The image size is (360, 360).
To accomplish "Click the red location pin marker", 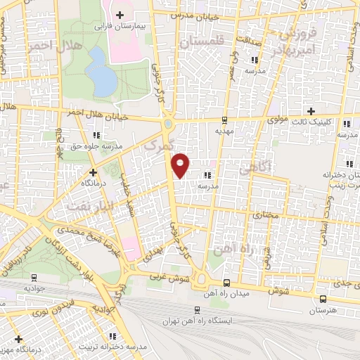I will tap(181, 165).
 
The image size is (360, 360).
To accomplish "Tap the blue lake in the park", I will tap(103, 79).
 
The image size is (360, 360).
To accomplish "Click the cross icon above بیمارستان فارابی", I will tap(120, 15).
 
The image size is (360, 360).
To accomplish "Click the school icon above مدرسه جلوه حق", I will tap(96, 134).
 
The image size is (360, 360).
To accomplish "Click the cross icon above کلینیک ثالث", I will tap(312, 111).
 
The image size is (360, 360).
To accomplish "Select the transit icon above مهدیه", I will tap(224, 120).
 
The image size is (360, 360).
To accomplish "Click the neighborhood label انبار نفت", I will tap(88, 205).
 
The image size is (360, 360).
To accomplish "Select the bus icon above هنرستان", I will tap(312, 298).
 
